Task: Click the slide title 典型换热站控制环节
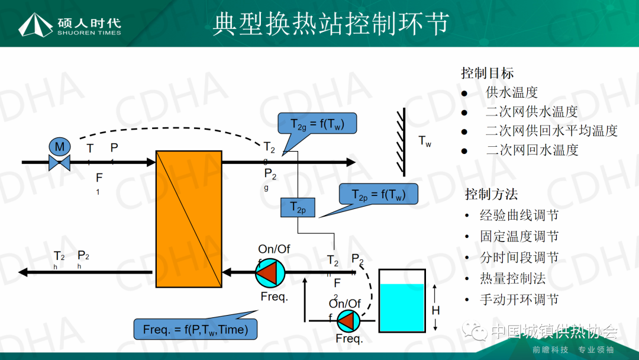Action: (x=331, y=24)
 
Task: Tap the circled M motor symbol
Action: (x=59, y=146)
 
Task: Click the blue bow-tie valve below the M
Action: (x=59, y=162)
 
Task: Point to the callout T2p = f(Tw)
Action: (x=379, y=194)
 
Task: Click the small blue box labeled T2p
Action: (x=298, y=207)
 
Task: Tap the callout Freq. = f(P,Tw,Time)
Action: (x=196, y=329)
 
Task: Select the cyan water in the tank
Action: (x=402, y=307)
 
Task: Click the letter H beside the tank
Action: (x=435, y=310)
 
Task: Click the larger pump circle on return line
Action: (x=270, y=273)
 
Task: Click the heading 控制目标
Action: (x=487, y=73)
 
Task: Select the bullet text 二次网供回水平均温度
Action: (x=551, y=131)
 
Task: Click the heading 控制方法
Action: (x=491, y=194)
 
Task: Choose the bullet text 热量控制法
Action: (x=512, y=279)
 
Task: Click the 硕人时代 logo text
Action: (x=89, y=22)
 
